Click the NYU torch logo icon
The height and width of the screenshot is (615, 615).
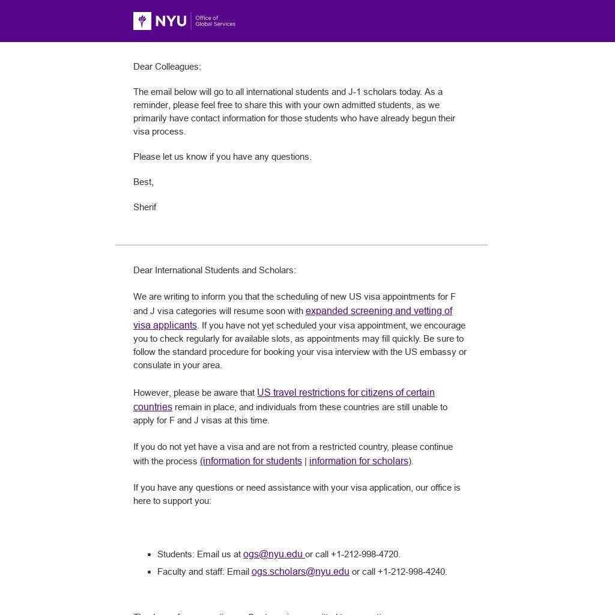[142, 21]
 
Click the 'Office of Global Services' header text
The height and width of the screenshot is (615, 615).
[215, 21]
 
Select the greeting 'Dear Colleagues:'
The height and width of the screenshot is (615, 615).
[167, 67]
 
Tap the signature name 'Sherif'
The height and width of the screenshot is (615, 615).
[145, 207]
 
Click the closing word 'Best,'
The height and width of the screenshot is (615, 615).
[144, 182]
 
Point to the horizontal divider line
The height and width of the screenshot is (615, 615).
[301, 245]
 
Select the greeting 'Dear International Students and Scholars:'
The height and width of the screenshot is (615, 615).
[214, 270]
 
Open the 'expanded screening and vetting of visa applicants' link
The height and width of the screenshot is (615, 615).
[378, 311]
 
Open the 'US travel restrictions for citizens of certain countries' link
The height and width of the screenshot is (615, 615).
[345, 393]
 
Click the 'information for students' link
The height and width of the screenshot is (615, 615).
[252, 461]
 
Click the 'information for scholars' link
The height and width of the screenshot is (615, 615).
[359, 461]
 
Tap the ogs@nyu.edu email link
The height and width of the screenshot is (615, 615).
[273, 554]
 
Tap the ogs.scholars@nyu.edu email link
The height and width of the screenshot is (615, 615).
[300, 572]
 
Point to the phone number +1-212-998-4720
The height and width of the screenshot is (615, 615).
[365, 554]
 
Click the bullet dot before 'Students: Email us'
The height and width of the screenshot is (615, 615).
[149, 555]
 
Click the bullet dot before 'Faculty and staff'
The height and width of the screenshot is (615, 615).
[149, 572]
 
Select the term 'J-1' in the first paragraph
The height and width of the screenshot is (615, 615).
[355, 92]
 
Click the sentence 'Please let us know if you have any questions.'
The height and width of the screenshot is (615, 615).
[222, 157]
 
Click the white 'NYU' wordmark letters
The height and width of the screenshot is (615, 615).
[171, 21]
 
